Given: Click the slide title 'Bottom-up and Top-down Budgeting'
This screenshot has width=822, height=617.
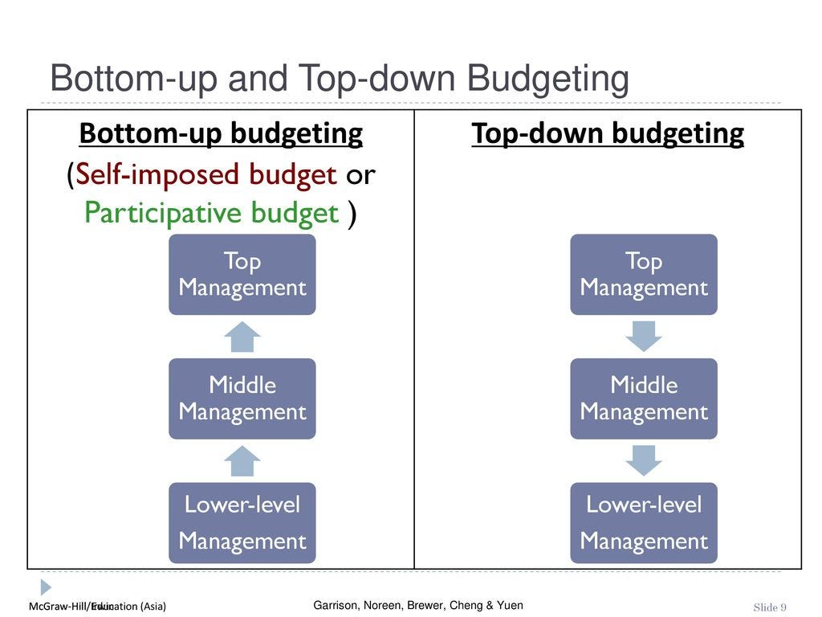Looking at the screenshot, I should [x=339, y=80].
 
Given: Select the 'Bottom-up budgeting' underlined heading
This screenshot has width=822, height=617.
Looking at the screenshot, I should [x=221, y=133].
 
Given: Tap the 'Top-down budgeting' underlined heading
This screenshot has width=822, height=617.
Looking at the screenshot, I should [x=608, y=133].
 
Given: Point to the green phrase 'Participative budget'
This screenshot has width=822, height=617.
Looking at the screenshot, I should [x=211, y=213].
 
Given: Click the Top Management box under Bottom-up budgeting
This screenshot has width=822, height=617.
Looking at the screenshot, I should [x=242, y=274].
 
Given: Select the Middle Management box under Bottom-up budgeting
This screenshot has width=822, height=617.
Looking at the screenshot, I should [x=242, y=398].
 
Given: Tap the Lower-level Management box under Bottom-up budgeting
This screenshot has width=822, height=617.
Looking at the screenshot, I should [x=242, y=522].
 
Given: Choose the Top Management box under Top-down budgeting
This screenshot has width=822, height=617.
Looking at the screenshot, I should [x=644, y=274].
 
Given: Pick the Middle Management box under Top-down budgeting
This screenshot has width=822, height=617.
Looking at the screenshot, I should [x=644, y=398].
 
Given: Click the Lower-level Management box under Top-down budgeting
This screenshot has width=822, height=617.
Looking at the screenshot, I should [x=644, y=522].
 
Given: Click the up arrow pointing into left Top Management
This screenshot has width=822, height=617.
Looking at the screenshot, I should [x=242, y=337].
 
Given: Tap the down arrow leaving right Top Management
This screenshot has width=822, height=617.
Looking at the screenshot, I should [x=644, y=337].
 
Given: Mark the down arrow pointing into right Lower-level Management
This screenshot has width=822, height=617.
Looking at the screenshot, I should [x=644, y=460].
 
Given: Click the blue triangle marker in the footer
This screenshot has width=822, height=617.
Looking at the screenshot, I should [x=46, y=587].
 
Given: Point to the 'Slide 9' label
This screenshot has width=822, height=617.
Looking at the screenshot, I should [x=770, y=607].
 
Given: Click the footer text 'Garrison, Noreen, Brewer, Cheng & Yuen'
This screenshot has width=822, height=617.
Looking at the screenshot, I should [x=417, y=605].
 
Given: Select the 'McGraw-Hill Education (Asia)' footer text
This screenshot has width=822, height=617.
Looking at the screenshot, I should [x=97, y=607].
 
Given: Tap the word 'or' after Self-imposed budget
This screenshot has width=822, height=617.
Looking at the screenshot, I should [x=360, y=174].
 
